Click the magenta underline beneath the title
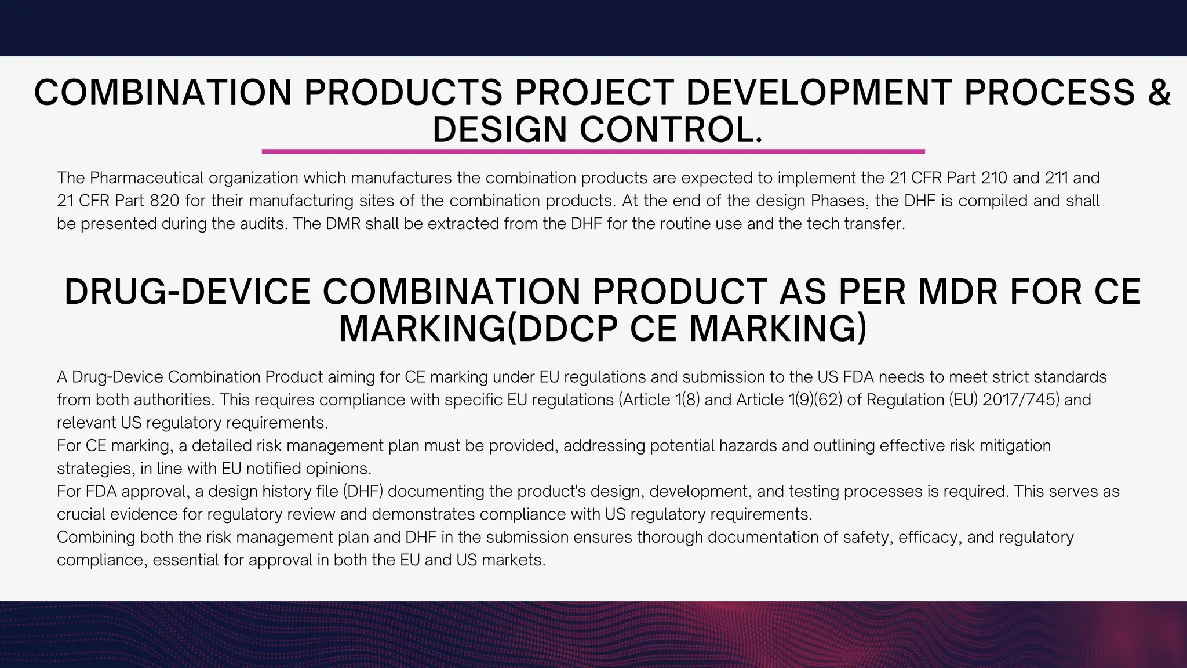coord(593,151)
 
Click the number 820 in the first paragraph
coord(165,201)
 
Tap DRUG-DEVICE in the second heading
coord(187,292)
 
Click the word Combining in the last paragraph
coord(96,538)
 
